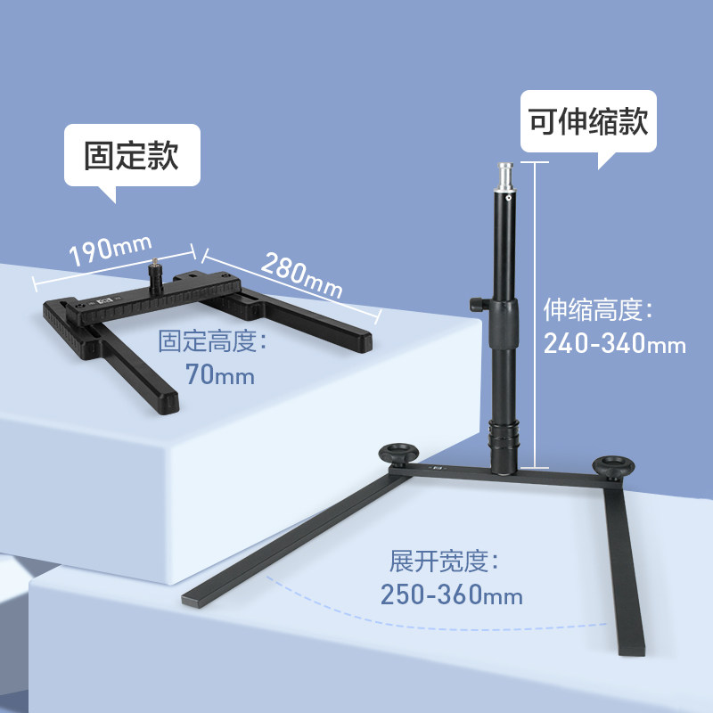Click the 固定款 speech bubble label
[131, 155]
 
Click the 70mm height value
[220, 374]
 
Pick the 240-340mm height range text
[615, 343]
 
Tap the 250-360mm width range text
[451, 594]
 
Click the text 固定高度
[214, 341]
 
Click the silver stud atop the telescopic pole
[504, 176]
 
